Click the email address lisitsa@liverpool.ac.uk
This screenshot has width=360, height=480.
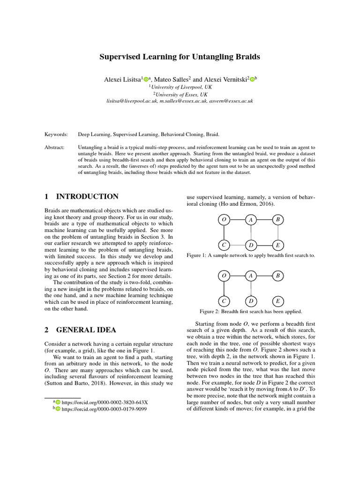132,101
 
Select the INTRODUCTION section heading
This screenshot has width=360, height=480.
87,197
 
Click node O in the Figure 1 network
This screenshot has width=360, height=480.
224,220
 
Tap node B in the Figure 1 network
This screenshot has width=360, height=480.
278,220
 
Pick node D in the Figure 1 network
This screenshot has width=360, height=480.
251,245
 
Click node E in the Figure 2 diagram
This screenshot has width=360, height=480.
278,301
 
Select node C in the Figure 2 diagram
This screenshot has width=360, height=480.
224,301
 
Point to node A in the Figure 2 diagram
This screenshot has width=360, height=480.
251,276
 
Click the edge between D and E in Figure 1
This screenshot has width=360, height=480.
264,245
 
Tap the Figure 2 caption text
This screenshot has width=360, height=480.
251,312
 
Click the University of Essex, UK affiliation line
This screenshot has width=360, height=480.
180,94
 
